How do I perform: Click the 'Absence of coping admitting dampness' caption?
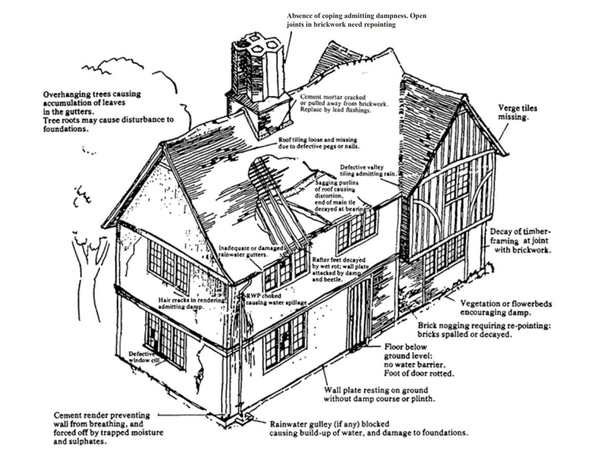pos(356,21)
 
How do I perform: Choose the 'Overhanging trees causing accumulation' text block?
pos(108,112)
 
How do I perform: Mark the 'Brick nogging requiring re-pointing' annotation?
pos(484,330)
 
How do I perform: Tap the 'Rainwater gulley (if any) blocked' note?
pos(369,429)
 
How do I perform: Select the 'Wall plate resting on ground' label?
pos(380,394)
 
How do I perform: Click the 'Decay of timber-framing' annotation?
pos(521,241)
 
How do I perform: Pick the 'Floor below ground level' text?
pos(419,360)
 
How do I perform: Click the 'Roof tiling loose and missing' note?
pos(318,143)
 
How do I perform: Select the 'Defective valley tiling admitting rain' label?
pos(368,170)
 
